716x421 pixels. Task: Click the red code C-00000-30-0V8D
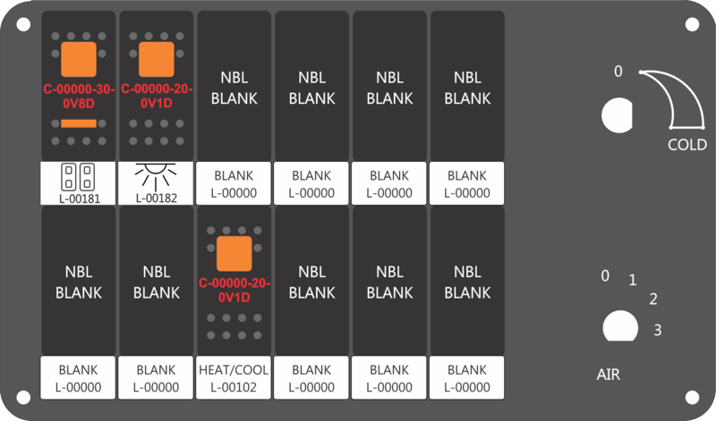[x=79, y=97]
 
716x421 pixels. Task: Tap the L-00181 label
[x=80, y=198]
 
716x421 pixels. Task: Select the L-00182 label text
[x=156, y=198]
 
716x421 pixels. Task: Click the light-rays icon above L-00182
[x=156, y=176]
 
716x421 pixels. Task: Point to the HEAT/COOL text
[x=234, y=369]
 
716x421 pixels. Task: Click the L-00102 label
[x=234, y=387]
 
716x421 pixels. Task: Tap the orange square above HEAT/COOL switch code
[x=234, y=254]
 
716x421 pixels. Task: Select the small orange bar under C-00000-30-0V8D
[x=79, y=123]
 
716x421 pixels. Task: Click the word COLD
[x=687, y=145]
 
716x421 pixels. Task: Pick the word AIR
[x=609, y=375]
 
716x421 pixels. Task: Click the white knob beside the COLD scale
[x=617, y=115]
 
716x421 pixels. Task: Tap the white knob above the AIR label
[x=620, y=326]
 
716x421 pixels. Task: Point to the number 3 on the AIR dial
[x=658, y=330]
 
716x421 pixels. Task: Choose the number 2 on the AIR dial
[x=653, y=299]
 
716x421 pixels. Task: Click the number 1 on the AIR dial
[x=633, y=280]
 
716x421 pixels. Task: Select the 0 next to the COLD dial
[x=618, y=72]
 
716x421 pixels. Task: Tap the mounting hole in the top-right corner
[x=692, y=24]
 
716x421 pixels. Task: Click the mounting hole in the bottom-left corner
[x=23, y=397]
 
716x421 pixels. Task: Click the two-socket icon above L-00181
[x=78, y=177]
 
